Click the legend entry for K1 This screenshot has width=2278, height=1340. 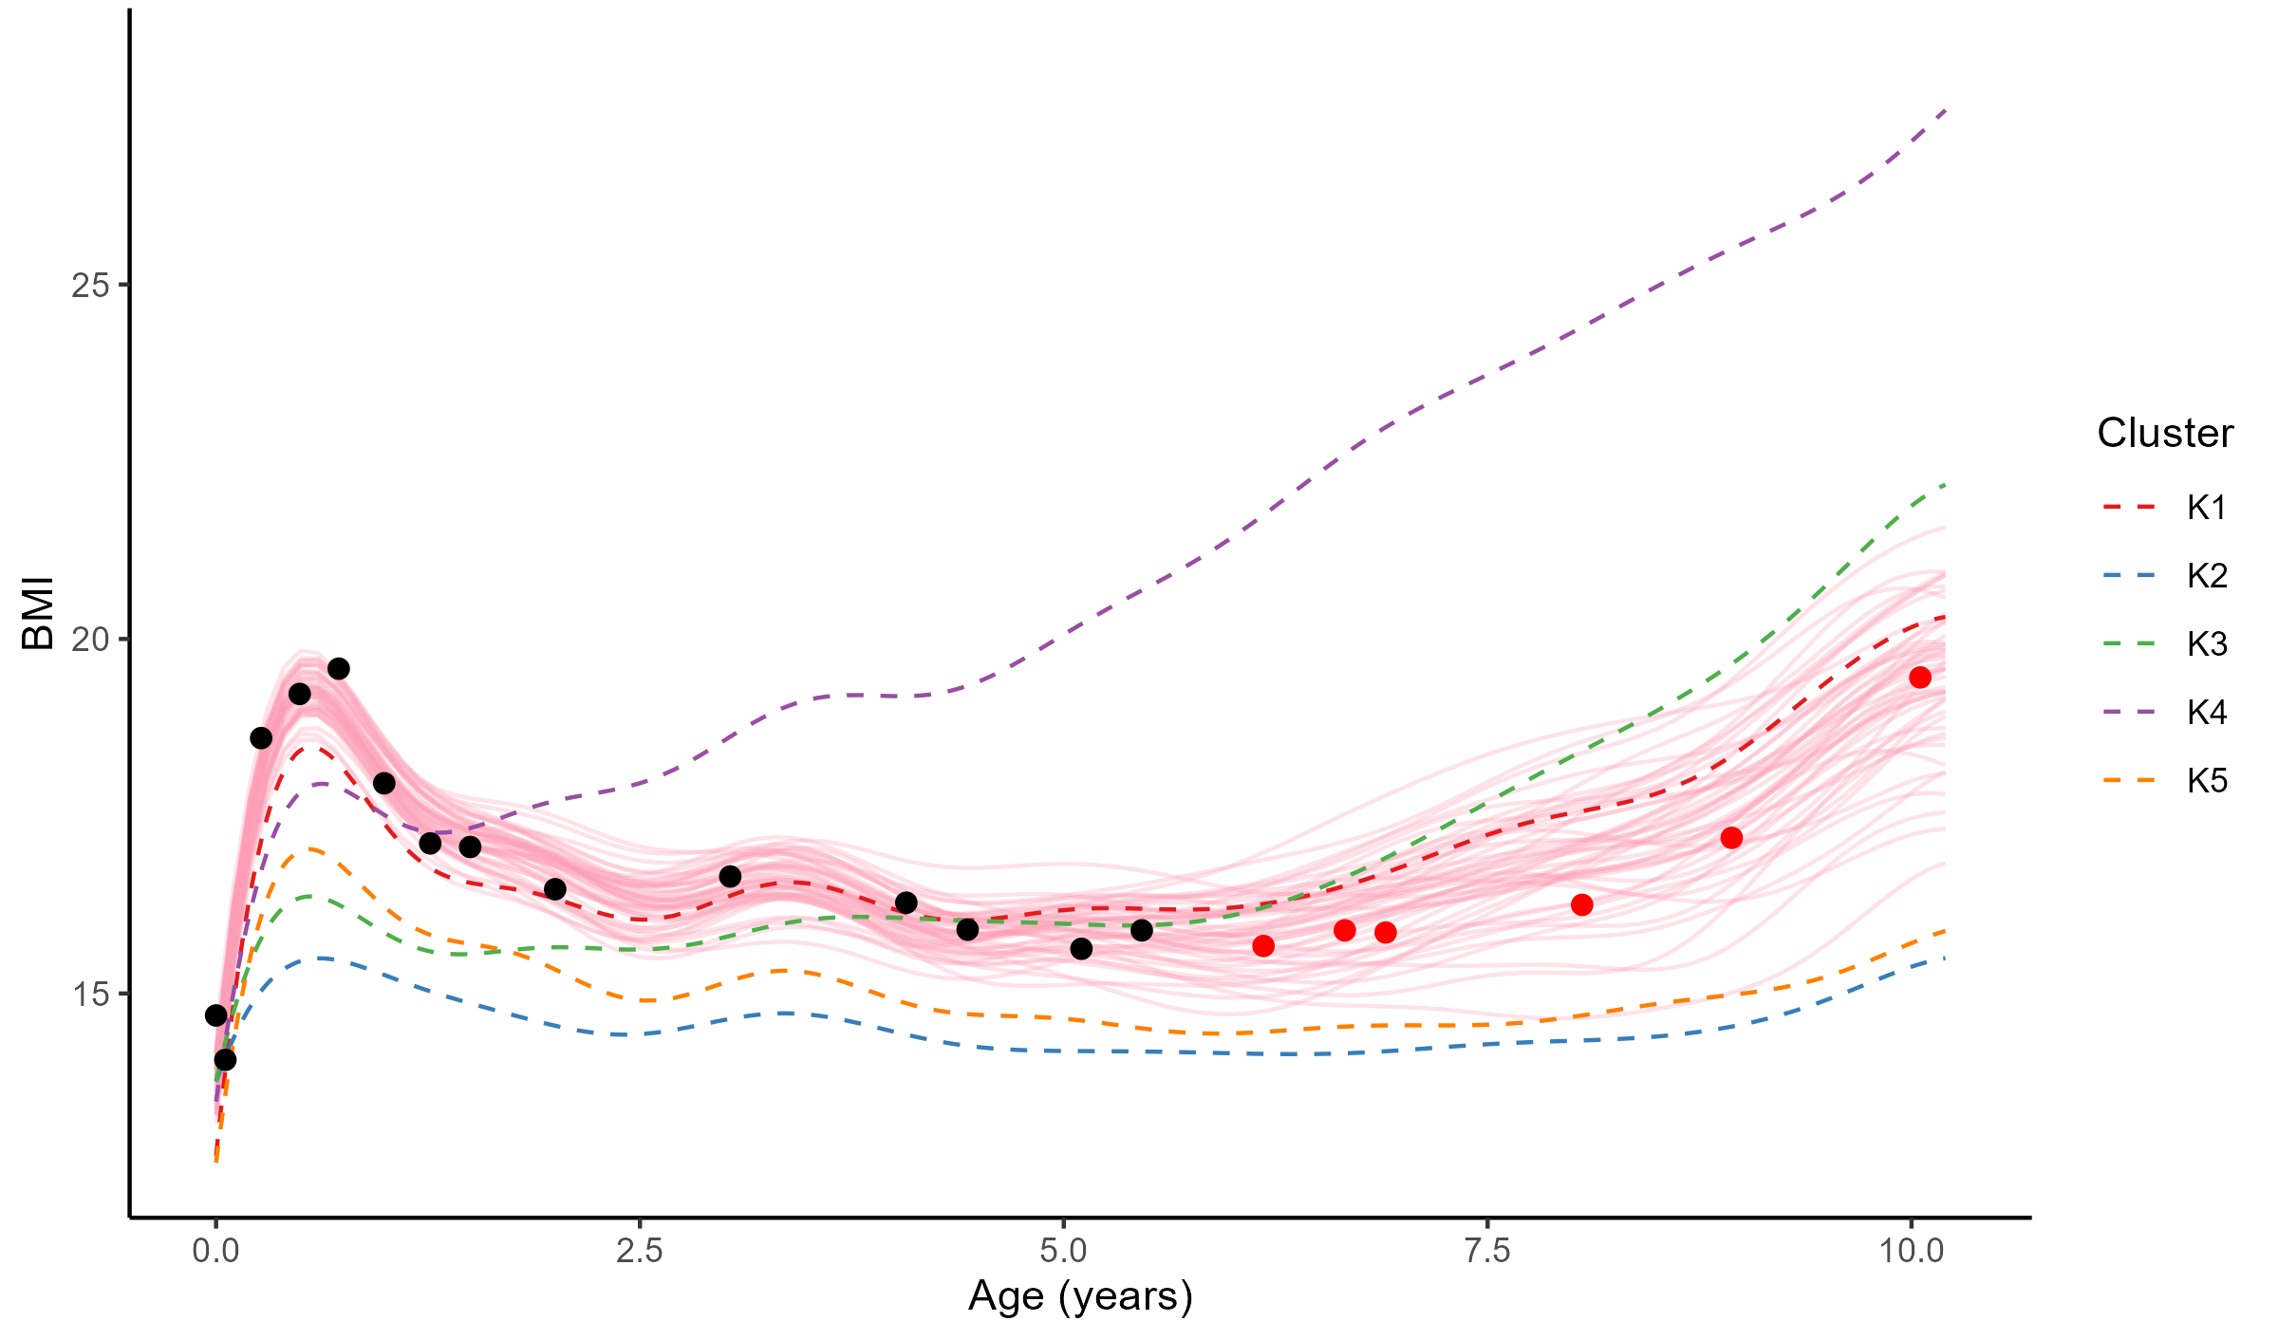pos(2206,508)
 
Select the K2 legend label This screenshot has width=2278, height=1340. pos(2206,576)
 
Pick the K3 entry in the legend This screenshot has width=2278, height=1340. pos(2206,644)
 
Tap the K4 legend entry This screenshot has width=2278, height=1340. pos(2206,713)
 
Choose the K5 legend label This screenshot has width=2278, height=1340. pos(2206,781)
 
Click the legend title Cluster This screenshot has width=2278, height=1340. pos(2164,433)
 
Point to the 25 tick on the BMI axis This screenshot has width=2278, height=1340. pos(90,285)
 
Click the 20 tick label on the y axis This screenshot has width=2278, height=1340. pos(90,640)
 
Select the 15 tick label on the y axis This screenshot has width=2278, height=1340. pos(90,995)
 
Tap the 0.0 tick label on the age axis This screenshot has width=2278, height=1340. pos(216,1252)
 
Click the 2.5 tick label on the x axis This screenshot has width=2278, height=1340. pos(640,1252)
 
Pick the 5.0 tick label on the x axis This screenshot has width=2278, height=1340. pos(1063,1252)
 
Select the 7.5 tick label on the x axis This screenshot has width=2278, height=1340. pos(1487,1252)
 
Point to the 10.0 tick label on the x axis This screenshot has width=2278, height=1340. pos(1911,1252)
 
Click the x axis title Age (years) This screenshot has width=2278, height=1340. pos(1080,1296)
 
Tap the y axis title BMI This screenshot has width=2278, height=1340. pos(38,613)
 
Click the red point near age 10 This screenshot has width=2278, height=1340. pos(1920,678)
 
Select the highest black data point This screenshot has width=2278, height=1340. pos(339,669)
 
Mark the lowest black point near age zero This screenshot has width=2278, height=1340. pos(225,1060)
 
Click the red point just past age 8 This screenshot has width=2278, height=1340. pos(1581,905)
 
